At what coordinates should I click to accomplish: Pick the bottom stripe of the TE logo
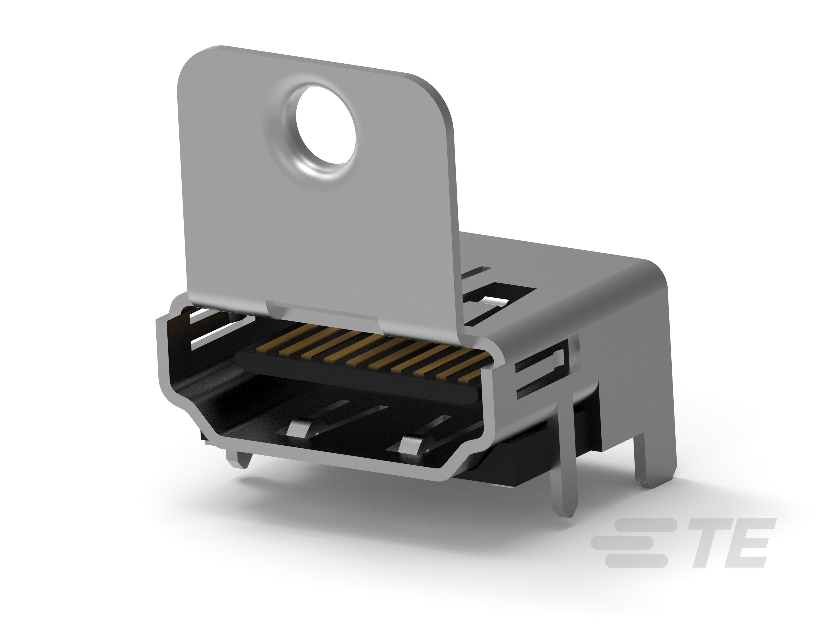click(636, 561)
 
